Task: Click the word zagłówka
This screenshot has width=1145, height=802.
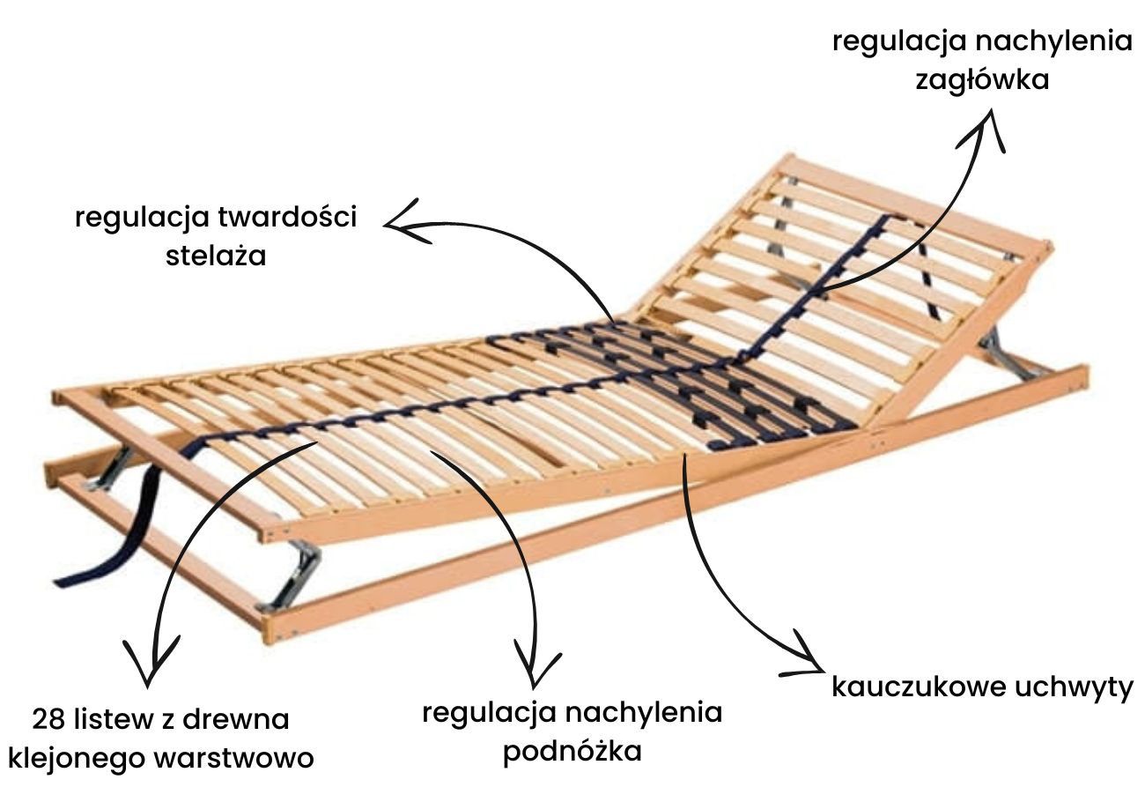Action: coord(982,80)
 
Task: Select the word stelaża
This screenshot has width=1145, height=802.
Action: coord(216,256)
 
